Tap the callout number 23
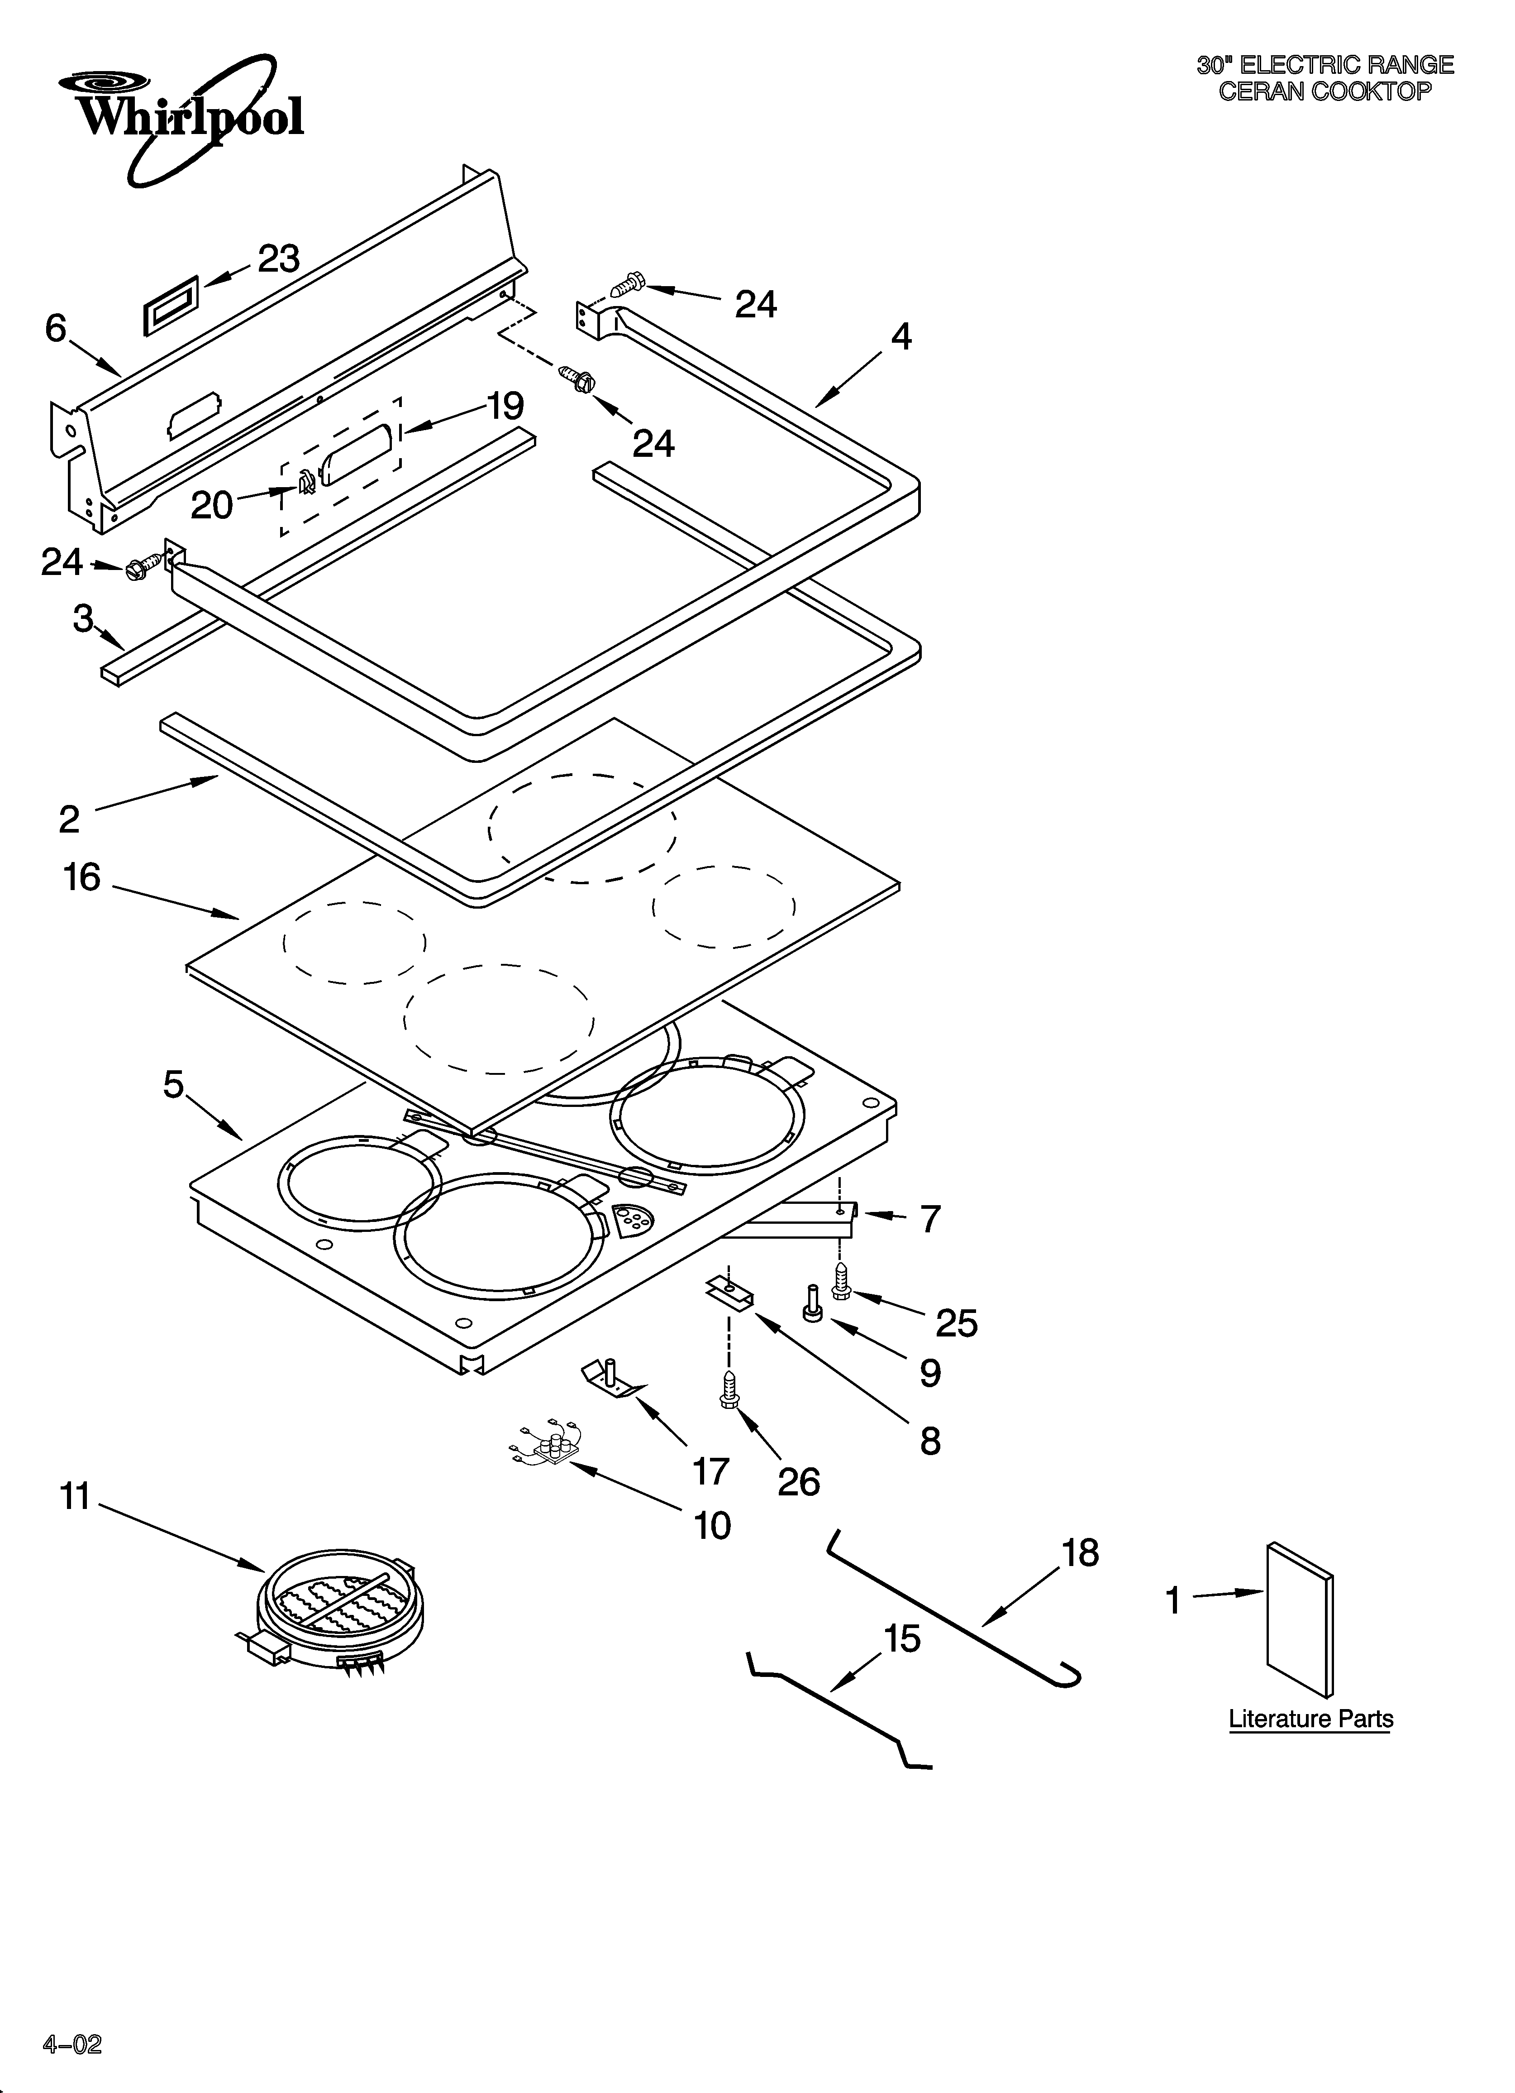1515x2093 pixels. pyautogui.click(x=279, y=259)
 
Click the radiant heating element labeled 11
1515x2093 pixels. pyautogui.click(x=340, y=1614)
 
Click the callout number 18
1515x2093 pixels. pyautogui.click(x=1080, y=1553)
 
